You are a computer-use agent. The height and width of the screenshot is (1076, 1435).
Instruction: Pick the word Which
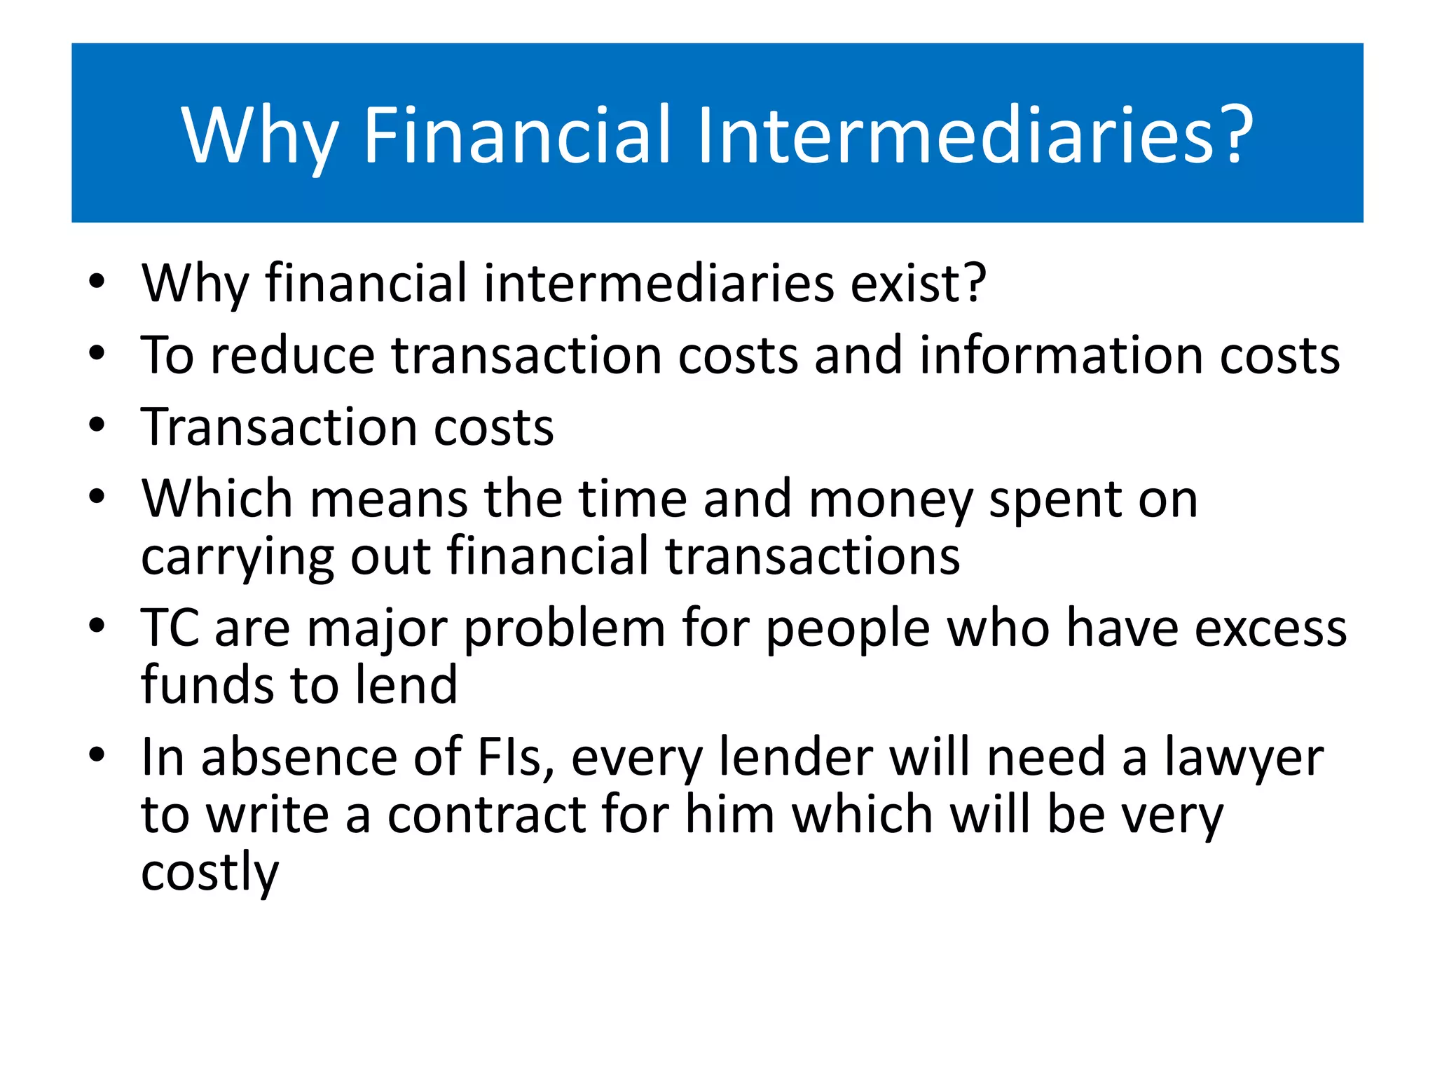tap(217, 499)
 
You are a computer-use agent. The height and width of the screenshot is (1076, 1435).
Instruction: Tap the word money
tap(890, 500)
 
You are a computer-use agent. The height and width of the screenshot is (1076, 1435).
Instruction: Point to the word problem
tap(564, 629)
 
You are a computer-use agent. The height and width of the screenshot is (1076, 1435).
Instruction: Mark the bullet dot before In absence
tap(97, 755)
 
